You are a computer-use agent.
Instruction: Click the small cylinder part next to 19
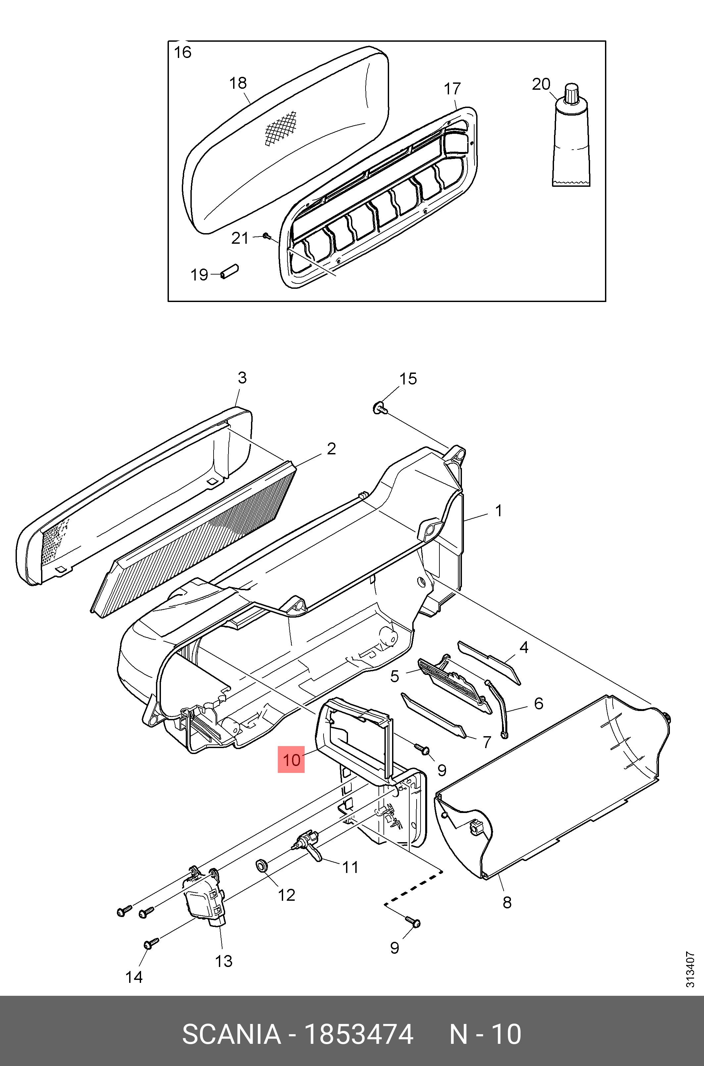(x=229, y=272)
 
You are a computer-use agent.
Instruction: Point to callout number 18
(x=238, y=83)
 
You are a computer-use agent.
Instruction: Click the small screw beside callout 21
(x=266, y=235)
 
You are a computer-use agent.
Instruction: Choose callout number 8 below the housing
(x=507, y=902)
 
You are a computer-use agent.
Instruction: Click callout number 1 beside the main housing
(x=498, y=511)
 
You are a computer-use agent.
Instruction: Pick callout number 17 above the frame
(x=452, y=89)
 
